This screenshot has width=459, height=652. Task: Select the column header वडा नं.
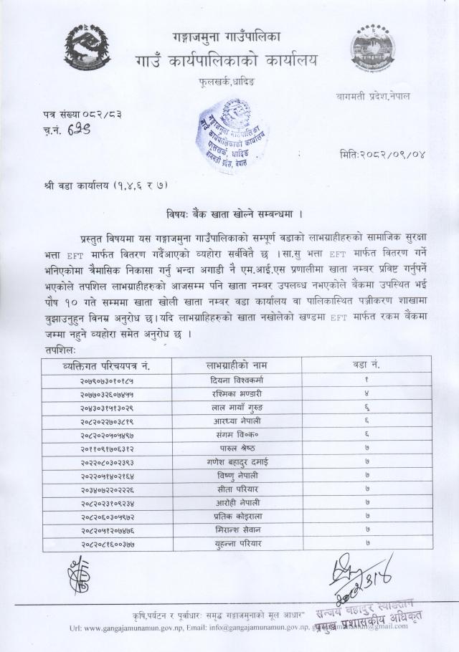click(366, 365)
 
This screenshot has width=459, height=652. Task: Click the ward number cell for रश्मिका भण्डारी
click(366, 393)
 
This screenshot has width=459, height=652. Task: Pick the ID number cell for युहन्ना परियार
click(107, 544)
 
